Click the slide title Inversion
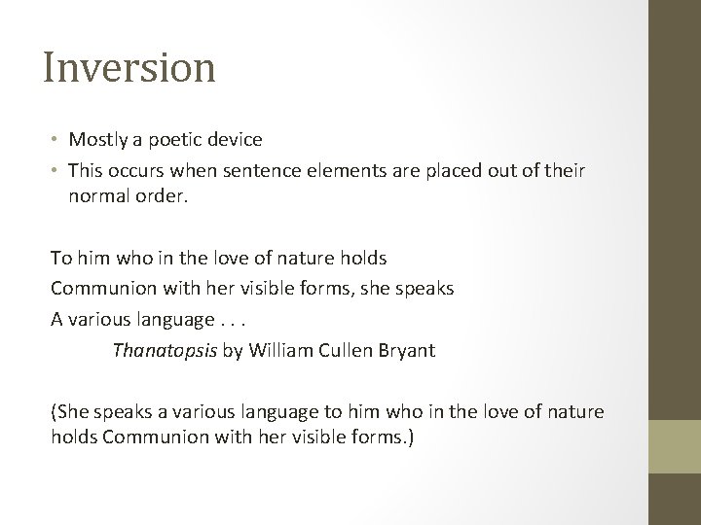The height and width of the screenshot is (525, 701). [x=129, y=67]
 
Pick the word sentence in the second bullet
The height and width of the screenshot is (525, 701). [x=262, y=170]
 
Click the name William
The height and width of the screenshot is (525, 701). [x=278, y=350]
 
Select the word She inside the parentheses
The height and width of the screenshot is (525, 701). [x=72, y=412]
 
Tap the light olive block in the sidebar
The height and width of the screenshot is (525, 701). [x=676, y=445]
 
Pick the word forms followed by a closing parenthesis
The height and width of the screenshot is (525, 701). [x=381, y=437]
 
